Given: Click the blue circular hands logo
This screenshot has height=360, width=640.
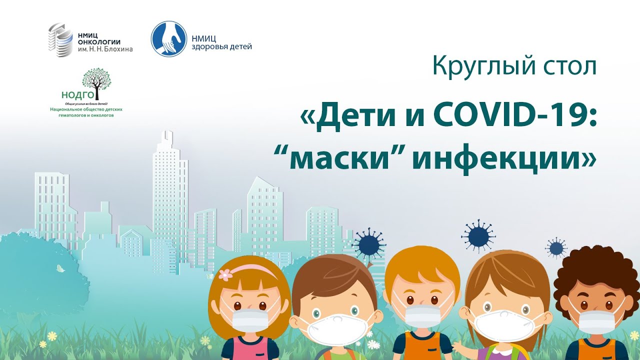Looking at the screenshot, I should (169, 38).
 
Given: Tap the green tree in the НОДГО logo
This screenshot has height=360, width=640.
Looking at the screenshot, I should (97, 80).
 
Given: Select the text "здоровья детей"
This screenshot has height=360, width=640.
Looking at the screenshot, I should (221, 47).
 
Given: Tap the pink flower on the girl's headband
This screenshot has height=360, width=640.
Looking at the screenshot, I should (225, 274).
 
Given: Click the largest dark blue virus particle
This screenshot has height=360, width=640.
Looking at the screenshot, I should (478, 234).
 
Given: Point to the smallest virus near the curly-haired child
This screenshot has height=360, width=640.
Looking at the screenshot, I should (556, 247).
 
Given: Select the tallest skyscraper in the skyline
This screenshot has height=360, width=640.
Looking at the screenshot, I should (170, 195).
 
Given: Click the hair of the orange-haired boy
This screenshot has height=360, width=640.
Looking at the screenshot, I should (421, 267).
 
